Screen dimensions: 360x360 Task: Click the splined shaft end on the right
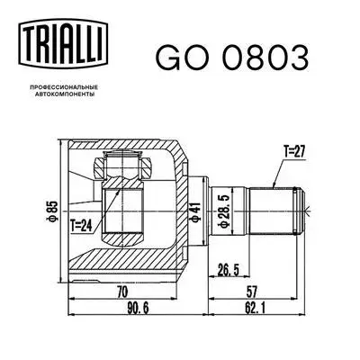[x=280, y=210]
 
